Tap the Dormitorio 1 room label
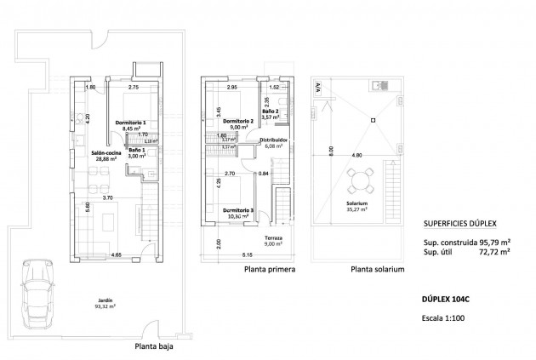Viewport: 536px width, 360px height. click(131, 124)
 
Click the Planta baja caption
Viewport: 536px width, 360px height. click(156, 346)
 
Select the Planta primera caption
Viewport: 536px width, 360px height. click(270, 270)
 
